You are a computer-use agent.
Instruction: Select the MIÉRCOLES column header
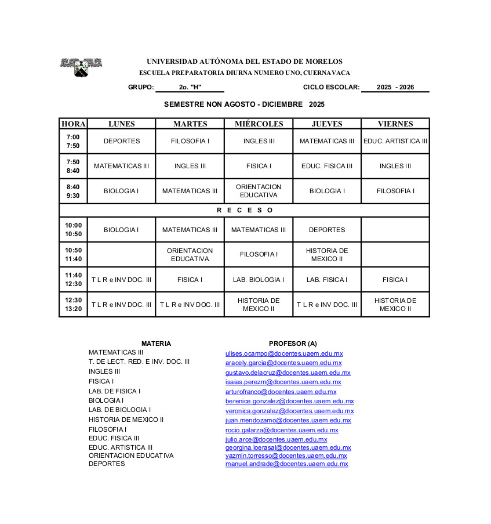(259, 124)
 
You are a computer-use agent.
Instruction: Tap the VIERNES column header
(395, 124)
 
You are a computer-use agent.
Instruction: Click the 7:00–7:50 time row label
(73, 141)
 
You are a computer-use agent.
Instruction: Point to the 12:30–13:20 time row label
(73, 305)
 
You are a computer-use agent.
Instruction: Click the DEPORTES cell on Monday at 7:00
(122, 141)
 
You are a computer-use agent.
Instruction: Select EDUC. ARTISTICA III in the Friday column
(395, 141)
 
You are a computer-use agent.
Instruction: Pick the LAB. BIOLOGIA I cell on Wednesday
(259, 280)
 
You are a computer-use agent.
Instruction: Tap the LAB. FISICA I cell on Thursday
(327, 280)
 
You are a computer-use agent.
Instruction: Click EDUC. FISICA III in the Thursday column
(327, 166)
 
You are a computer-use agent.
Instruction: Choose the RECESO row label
(244, 210)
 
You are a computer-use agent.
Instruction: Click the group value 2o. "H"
(190, 88)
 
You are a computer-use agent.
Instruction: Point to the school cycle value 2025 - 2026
(395, 88)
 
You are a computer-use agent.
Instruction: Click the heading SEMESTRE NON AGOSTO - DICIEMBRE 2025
(244, 104)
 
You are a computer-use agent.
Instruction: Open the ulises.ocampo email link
(284, 353)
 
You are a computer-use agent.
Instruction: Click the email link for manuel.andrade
(286, 464)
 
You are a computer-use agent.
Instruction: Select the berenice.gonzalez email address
(289, 401)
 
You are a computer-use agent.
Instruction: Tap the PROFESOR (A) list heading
(293, 344)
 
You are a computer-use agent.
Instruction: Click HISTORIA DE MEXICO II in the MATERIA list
(126, 420)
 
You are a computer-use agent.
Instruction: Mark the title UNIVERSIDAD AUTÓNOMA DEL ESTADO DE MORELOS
(244, 62)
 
